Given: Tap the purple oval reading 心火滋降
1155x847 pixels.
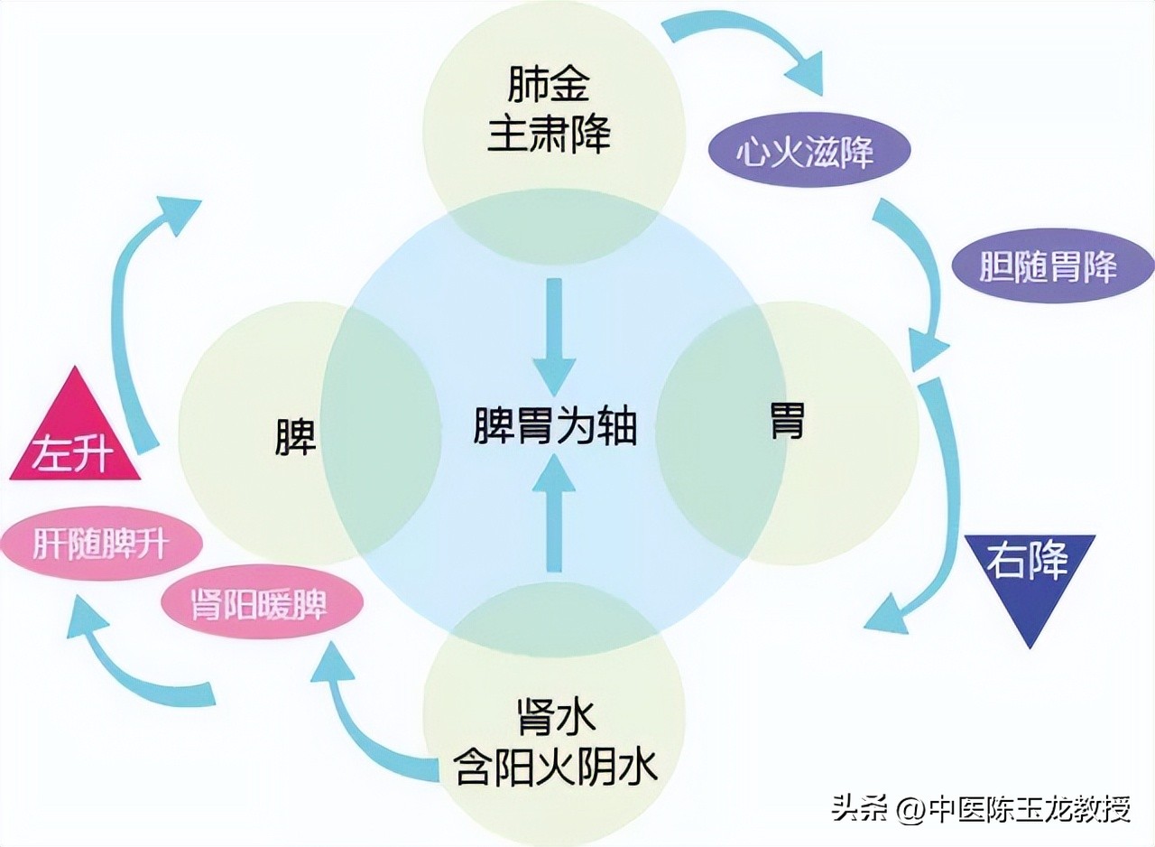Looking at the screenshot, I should [x=805, y=152].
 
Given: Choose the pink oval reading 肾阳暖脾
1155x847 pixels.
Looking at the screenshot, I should [x=262, y=603].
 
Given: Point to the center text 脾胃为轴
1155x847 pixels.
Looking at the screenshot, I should [x=555, y=425].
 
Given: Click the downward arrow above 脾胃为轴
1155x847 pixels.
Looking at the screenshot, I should [x=554, y=334].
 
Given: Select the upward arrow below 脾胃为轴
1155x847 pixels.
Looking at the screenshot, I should [x=554, y=515].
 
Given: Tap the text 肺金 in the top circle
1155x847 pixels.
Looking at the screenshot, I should [x=549, y=88].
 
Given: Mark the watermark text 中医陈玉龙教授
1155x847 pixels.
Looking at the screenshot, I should [x=1030, y=808].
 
